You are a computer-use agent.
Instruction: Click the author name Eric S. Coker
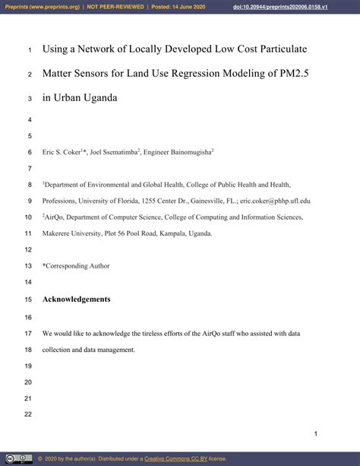tap(60, 152)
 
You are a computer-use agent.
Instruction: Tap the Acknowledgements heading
tap(76, 299)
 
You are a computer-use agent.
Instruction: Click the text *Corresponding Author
tap(76, 266)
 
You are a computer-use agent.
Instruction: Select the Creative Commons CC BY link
tap(175, 459)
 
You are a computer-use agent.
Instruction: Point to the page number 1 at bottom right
tap(316, 433)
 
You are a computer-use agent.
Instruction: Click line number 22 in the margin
tap(29, 414)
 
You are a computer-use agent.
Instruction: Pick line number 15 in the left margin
tap(29, 300)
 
